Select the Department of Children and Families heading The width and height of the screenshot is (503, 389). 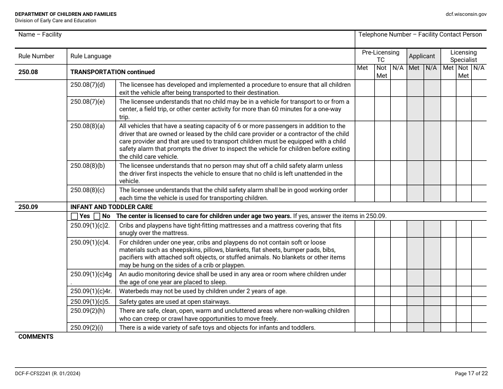(x=66, y=14)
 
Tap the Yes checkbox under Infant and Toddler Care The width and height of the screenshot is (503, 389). (x=74, y=216)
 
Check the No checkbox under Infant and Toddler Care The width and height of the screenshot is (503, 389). (x=97, y=216)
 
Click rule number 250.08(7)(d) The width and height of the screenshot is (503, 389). (x=88, y=85)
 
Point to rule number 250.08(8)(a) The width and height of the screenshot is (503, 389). (x=88, y=126)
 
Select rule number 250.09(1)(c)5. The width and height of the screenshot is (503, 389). (x=90, y=302)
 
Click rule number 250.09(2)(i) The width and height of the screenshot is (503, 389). (x=87, y=328)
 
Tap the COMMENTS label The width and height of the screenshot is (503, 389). (x=36, y=337)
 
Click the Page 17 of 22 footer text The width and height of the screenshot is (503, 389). (x=471, y=374)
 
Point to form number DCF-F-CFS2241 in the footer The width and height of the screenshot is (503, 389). (x=48, y=374)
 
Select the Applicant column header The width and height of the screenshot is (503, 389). (x=422, y=56)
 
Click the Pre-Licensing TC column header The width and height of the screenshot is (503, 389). (x=380, y=56)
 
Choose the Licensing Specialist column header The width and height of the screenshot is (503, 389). (x=463, y=56)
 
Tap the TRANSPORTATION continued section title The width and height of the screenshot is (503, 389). (x=113, y=72)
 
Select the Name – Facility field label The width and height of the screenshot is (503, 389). (x=40, y=34)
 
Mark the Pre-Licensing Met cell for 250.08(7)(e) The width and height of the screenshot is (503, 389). (x=364, y=109)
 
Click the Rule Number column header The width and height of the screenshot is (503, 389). (x=37, y=56)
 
